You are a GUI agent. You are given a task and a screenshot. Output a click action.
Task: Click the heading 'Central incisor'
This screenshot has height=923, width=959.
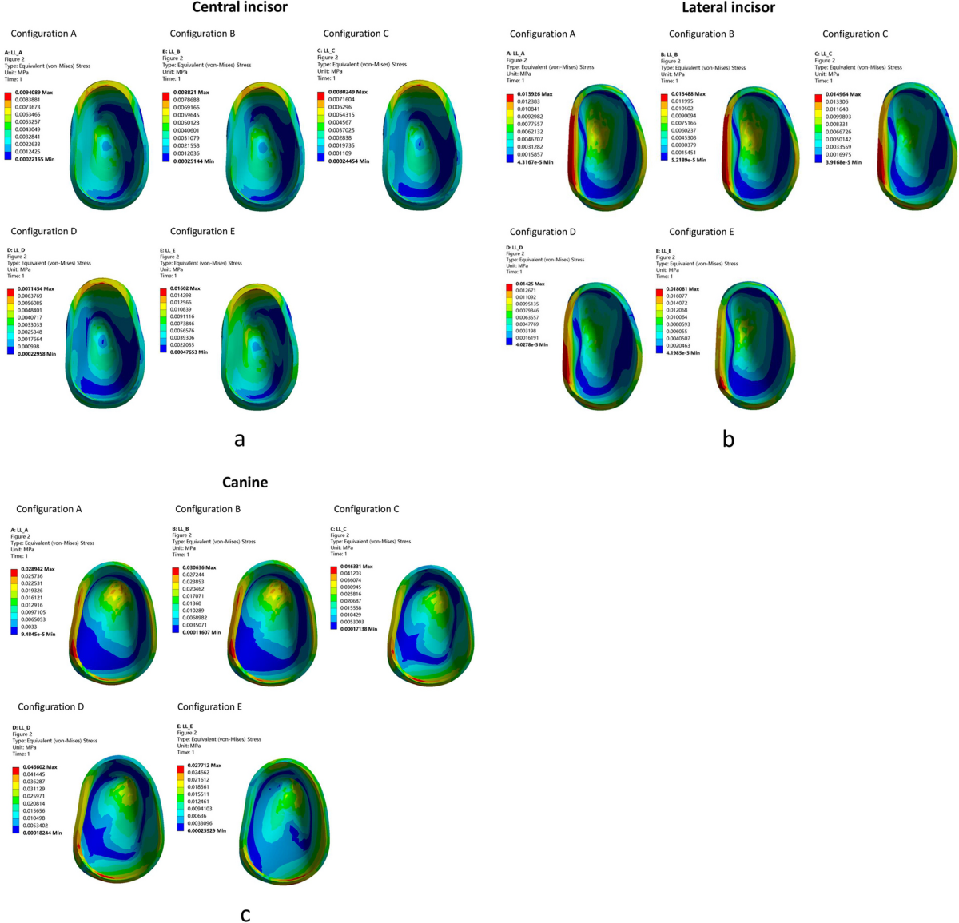(x=239, y=8)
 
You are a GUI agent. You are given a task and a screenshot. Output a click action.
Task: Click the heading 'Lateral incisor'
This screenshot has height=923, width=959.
(x=728, y=8)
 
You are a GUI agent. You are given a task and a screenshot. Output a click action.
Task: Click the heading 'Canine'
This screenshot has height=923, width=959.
(x=245, y=482)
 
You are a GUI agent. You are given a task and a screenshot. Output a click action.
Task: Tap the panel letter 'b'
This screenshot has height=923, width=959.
(x=728, y=439)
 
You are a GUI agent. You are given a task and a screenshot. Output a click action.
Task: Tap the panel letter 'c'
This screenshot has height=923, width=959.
(x=245, y=913)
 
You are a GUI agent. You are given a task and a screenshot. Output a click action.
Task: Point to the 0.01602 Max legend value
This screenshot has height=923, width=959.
(x=185, y=288)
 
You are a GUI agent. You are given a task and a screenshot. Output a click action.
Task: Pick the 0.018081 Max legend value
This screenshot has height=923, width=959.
(x=682, y=289)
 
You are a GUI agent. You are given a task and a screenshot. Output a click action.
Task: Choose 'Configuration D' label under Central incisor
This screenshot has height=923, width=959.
(x=44, y=231)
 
